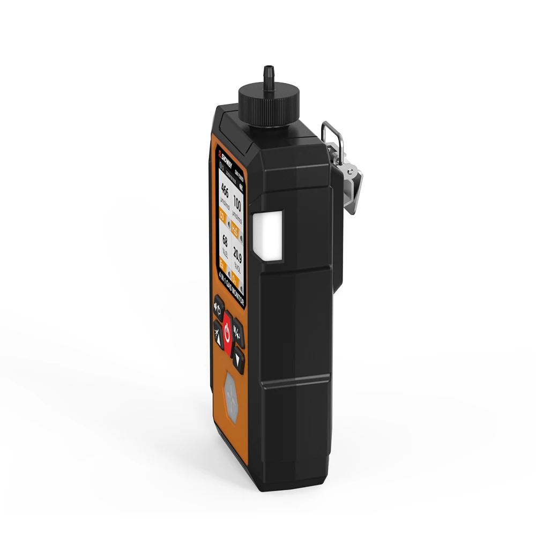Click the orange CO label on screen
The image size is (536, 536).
(x=224, y=217)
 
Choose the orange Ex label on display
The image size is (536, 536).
(x=222, y=263)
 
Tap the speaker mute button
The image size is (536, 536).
(x=219, y=307)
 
